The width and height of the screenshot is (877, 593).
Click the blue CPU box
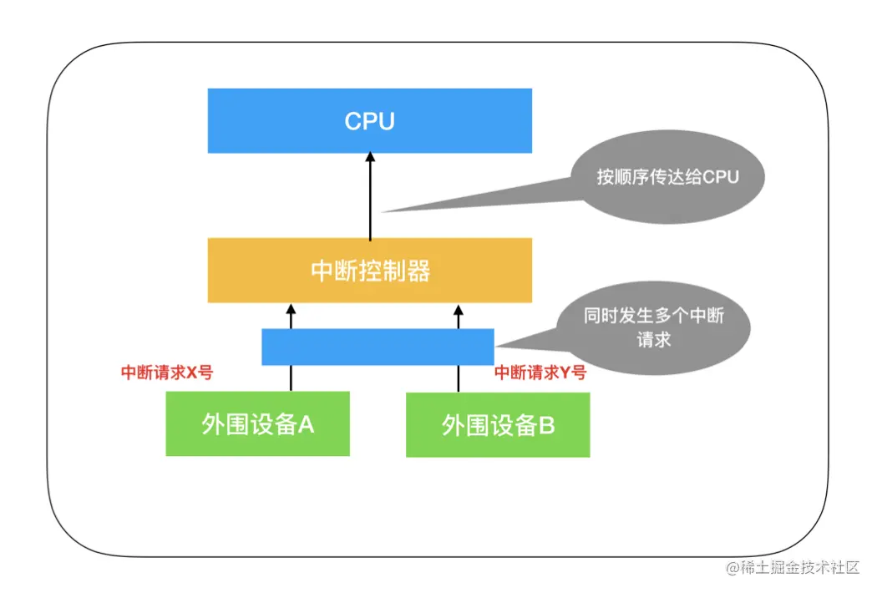(369, 121)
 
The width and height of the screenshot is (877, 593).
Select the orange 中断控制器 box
(369, 271)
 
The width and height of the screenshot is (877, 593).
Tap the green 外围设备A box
(257, 424)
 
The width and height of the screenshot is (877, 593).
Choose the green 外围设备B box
(498, 425)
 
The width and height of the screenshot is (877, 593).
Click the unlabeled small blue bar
(378, 347)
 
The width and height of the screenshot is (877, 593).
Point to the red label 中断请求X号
(167, 373)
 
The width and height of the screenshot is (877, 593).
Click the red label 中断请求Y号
(540, 373)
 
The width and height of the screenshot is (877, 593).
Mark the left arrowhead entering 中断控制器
(291, 308)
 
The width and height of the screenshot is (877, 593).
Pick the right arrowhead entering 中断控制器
(458, 308)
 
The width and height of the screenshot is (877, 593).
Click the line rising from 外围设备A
(291, 378)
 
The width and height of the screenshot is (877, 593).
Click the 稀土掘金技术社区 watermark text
(792, 568)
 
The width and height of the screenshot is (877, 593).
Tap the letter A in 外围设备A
(306, 424)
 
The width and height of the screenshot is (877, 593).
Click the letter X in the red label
(190, 373)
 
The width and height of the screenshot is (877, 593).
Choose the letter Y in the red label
(563, 373)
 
